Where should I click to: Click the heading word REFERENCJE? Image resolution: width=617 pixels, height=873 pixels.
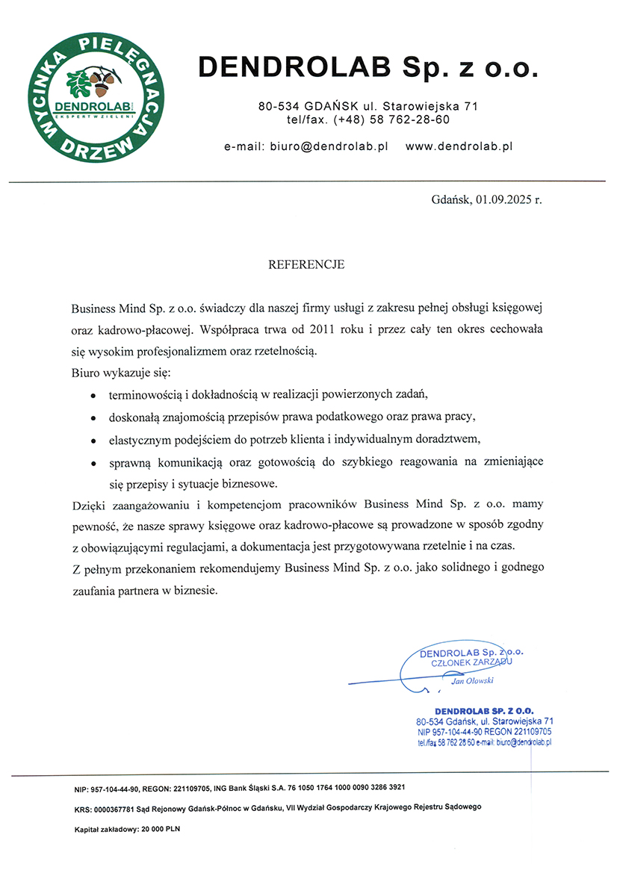click(x=306, y=264)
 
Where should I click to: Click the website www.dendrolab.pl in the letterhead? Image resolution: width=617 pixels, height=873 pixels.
click(x=459, y=147)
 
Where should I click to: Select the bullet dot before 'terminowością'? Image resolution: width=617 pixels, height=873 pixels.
click(x=93, y=394)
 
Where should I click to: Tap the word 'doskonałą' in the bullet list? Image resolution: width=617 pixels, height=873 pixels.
click(x=134, y=415)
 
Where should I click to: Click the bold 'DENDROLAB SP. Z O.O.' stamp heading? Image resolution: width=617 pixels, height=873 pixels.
click(x=484, y=710)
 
